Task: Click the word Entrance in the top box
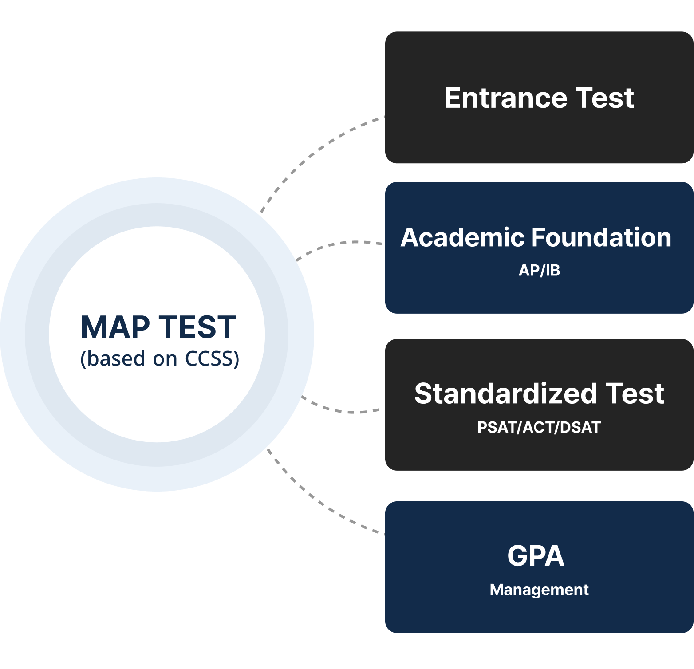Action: (x=505, y=98)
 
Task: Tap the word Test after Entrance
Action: (x=605, y=98)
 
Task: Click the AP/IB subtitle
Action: (x=539, y=270)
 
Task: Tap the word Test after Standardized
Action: (x=635, y=394)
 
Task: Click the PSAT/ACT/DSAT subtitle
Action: (x=539, y=427)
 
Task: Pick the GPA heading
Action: (x=536, y=556)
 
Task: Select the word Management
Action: (x=539, y=590)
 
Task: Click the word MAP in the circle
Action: (x=115, y=327)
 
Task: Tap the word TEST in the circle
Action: (x=197, y=327)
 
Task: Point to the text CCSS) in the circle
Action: (x=212, y=358)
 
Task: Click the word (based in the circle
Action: (x=113, y=358)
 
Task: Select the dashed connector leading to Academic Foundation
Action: (x=337, y=244)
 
